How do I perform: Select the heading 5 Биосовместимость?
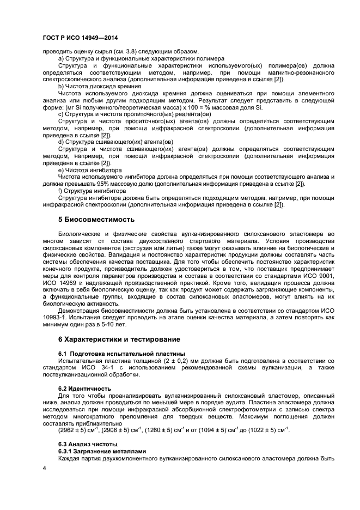[x=96, y=220]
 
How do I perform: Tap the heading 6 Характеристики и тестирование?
[x=119, y=339]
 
